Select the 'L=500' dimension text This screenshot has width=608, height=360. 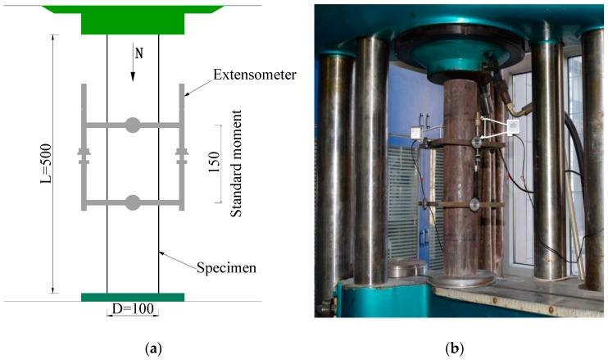point(48,165)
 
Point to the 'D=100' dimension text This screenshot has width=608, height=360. point(132,310)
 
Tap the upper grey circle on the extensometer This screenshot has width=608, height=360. point(132,125)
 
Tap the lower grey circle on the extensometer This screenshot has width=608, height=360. point(132,202)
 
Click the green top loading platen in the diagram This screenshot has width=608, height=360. point(132,19)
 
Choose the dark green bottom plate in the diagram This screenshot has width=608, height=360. point(132,297)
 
